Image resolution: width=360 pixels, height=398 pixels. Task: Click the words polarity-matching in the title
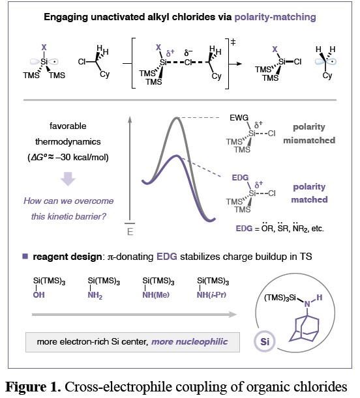pos(275,17)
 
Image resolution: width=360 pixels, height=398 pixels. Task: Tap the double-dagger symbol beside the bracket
pos(233,42)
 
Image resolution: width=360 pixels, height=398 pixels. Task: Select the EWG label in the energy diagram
pos(239,118)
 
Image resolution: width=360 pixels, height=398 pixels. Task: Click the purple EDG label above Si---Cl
pos(240,178)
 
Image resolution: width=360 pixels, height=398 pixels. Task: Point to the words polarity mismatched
pos(309,134)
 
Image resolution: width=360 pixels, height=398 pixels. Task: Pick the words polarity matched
pos(309,193)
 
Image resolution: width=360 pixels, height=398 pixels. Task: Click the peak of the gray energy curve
pos(176,117)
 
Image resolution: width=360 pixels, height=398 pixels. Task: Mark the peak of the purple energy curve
pos(176,156)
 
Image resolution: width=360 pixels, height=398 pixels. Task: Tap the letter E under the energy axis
pos(130,232)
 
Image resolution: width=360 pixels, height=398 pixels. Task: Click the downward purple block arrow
pos(68,178)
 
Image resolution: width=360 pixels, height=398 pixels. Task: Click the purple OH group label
pos(39,295)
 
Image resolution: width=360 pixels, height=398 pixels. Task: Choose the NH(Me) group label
pos(156,295)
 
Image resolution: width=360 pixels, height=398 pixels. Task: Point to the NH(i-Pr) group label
pos(211,295)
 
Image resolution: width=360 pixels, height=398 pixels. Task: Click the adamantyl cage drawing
pos(305,328)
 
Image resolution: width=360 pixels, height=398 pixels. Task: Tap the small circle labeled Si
pos(265,341)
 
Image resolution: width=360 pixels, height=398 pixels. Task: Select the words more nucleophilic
pos(190,341)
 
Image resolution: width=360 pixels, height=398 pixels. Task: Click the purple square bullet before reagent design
pos(25,257)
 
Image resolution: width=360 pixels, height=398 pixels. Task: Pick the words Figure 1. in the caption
pos(33,387)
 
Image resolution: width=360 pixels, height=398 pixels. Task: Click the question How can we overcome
pos(68,201)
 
